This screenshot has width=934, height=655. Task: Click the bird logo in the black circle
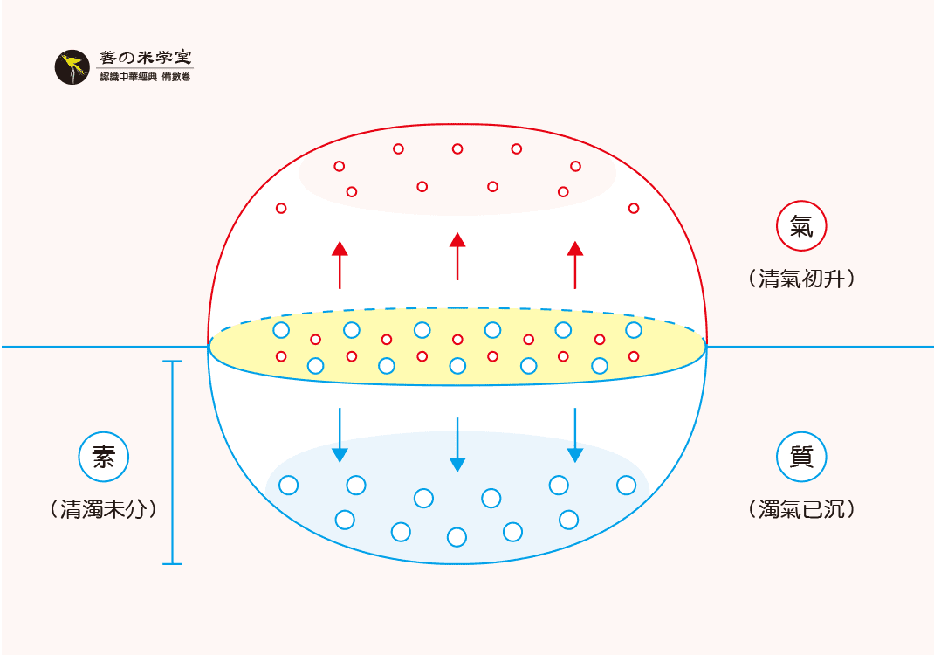(72, 67)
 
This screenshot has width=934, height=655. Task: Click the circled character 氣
(801, 228)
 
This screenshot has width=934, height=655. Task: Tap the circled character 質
(801, 457)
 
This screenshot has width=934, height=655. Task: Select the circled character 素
(104, 457)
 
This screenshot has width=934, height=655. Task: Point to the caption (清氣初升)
(801, 279)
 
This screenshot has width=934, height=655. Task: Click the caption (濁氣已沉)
(801, 509)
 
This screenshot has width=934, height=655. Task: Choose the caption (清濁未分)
(104, 509)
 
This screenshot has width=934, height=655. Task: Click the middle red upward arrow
(457, 256)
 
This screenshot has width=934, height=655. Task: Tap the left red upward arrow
(340, 265)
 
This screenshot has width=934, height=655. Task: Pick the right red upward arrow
(574, 265)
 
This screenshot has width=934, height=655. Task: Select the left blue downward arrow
(340, 435)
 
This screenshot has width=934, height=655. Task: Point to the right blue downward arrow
(574, 435)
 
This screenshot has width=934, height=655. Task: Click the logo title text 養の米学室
(145, 59)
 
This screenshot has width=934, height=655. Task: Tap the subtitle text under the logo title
(145, 78)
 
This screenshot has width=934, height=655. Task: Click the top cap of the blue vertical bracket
(173, 362)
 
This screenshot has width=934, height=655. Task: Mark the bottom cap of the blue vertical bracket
(173, 563)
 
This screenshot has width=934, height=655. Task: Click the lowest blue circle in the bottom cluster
(457, 537)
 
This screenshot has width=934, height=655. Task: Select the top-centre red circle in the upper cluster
(457, 149)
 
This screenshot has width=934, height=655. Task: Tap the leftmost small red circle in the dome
(281, 208)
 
